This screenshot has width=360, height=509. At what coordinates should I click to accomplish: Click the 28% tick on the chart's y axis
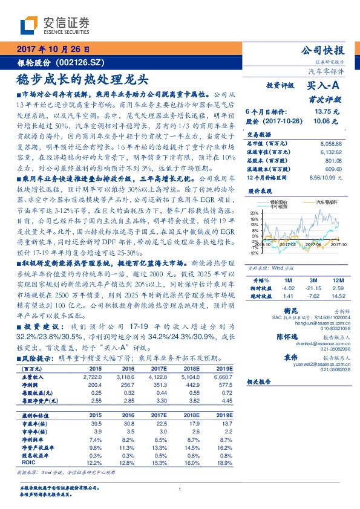click(255, 213)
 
